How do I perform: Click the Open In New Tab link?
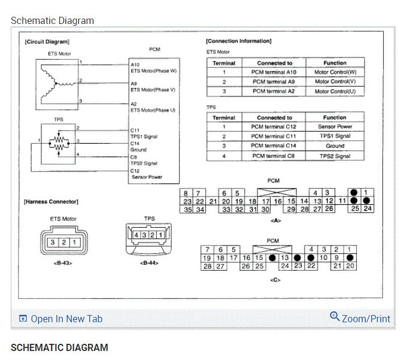tap(66, 319)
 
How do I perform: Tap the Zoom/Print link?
tap(360, 318)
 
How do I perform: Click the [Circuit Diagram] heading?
tap(47, 42)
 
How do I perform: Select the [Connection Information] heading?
tap(238, 41)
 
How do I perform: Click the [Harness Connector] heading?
tap(51, 201)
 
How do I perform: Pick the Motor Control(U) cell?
tap(335, 91)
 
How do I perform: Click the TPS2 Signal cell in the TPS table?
tap(335, 156)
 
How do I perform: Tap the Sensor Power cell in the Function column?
tap(335, 127)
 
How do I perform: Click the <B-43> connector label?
tap(62, 262)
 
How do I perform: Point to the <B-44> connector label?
tap(149, 262)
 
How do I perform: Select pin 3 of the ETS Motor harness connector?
tap(53, 242)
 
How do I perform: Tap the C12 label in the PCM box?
tap(135, 171)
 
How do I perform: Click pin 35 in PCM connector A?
tap(187, 210)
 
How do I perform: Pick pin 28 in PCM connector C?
tap(206, 266)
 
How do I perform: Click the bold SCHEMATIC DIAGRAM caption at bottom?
tap(59, 347)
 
